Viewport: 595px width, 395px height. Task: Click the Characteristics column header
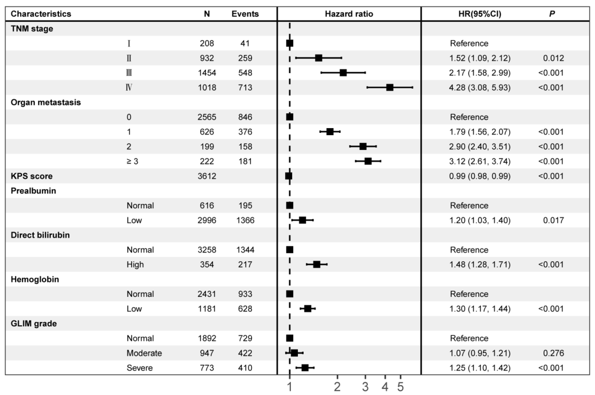tap(41, 14)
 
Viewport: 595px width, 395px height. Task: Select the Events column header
tap(245, 14)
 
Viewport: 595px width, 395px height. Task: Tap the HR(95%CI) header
tap(480, 14)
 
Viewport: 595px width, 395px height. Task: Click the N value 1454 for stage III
tap(207, 73)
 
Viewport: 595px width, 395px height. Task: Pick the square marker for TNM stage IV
tap(390, 87)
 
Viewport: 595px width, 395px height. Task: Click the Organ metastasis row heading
tap(46, 102)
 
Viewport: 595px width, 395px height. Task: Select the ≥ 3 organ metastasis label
tap(132, 161)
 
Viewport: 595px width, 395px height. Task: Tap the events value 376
tap(245, 132)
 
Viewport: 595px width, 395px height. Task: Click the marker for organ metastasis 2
tap(363, 146)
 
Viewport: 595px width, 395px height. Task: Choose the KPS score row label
tap(31, 176)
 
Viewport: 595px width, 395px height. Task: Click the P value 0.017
tap(553, 220)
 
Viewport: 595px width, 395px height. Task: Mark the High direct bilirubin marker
tap(317, 265)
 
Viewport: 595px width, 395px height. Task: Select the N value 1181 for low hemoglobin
tap(207, 309)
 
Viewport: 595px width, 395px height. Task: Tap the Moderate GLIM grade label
tap(144, 353)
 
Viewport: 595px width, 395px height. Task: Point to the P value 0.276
tap(553, 353)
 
